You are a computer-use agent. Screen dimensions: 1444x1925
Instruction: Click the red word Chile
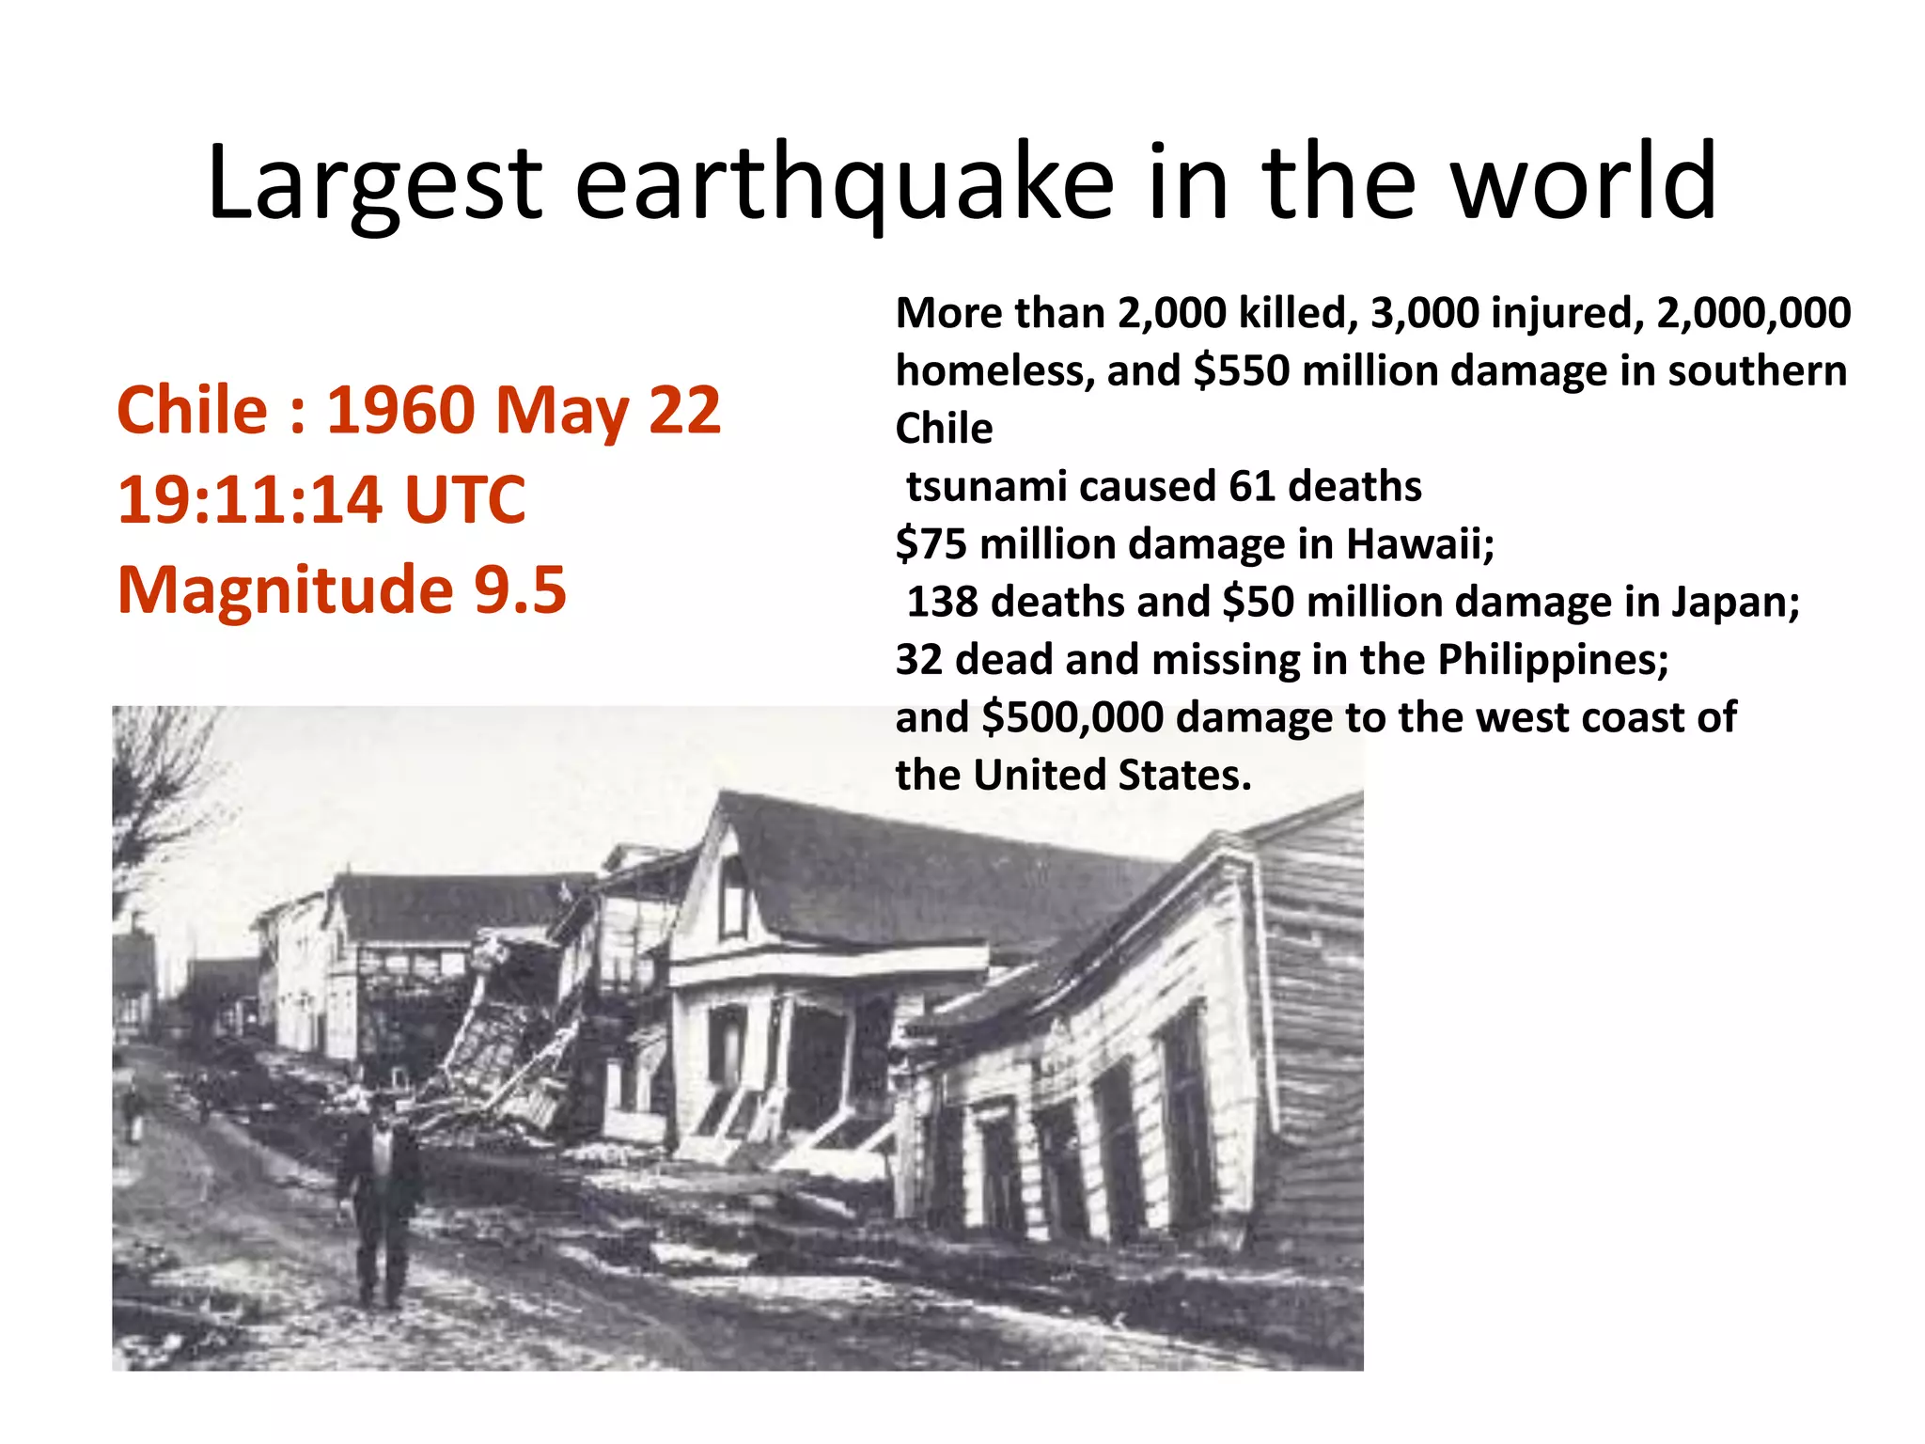[193, 411]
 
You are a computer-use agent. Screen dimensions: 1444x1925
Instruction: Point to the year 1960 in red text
[400, 411]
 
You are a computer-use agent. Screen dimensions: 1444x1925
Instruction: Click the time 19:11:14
[249, 499]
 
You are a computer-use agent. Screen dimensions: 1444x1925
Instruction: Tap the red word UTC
[464, 499]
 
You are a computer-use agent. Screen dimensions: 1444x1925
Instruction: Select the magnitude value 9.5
[520, 589]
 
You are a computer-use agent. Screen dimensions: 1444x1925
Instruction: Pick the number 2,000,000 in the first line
[1753, 313]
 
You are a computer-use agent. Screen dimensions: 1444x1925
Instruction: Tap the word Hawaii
[1419, 544]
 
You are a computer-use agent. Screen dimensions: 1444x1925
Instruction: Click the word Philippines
[1552, 660]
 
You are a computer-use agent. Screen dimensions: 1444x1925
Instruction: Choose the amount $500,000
[1072, 717]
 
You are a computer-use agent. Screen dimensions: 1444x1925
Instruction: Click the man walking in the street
[379, 1194]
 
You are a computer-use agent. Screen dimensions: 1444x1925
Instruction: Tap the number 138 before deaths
[942, 603]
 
